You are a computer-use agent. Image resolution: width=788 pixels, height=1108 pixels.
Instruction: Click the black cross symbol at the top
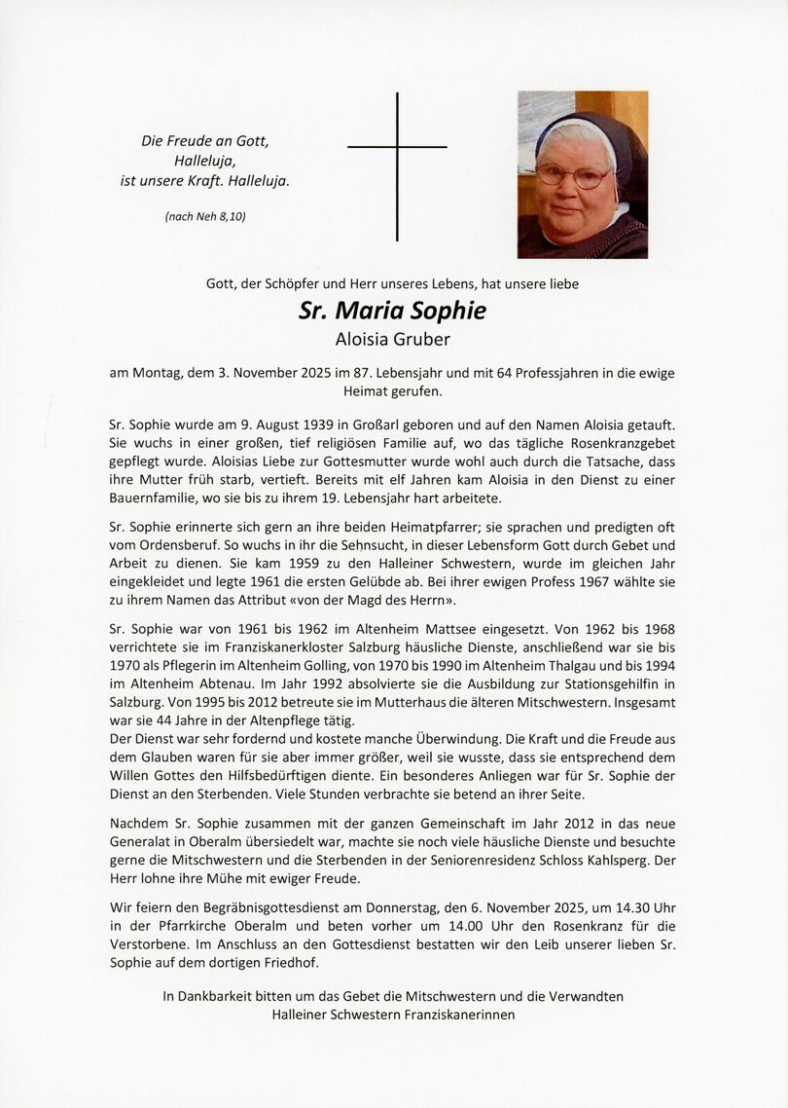[397, 147]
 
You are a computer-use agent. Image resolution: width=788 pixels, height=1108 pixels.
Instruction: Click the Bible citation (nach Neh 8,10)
[204, 216]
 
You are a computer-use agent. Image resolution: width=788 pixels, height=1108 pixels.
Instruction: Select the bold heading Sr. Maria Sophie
[392, 311]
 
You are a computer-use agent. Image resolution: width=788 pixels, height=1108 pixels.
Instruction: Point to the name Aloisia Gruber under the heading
[392, 339]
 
